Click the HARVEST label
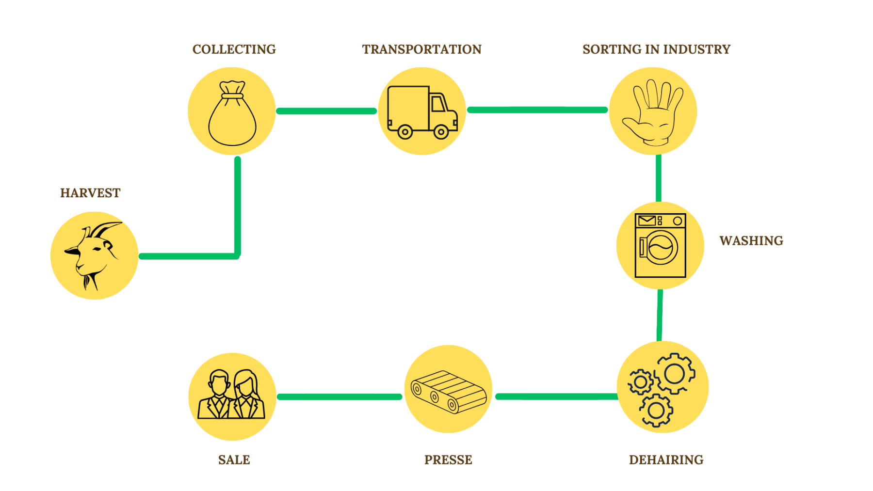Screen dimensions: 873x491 [x=90, y=193]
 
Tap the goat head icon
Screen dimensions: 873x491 [x=93, y=255]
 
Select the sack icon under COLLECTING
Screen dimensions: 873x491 [x=232, y=113]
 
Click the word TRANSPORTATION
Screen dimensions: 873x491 [x=421, y=49]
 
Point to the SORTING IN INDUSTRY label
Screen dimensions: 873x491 [x=656, y=49]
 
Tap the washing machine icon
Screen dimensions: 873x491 [x=660, y=245]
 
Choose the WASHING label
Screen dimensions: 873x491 [x=751, y=241]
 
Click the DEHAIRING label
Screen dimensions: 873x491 [x=666, y=460]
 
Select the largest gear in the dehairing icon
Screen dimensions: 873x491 [x=675, y=373]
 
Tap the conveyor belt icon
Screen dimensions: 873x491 [x=448, y=391]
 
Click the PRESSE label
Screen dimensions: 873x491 [x=448, y=460]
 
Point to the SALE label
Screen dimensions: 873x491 [x=234, y=460]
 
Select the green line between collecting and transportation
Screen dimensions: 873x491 [x=326, y=111]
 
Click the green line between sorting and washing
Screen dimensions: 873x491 [x=658, y=178]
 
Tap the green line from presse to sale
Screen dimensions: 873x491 [x=339, y=396]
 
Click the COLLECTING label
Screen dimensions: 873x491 [x=234, y=49]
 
